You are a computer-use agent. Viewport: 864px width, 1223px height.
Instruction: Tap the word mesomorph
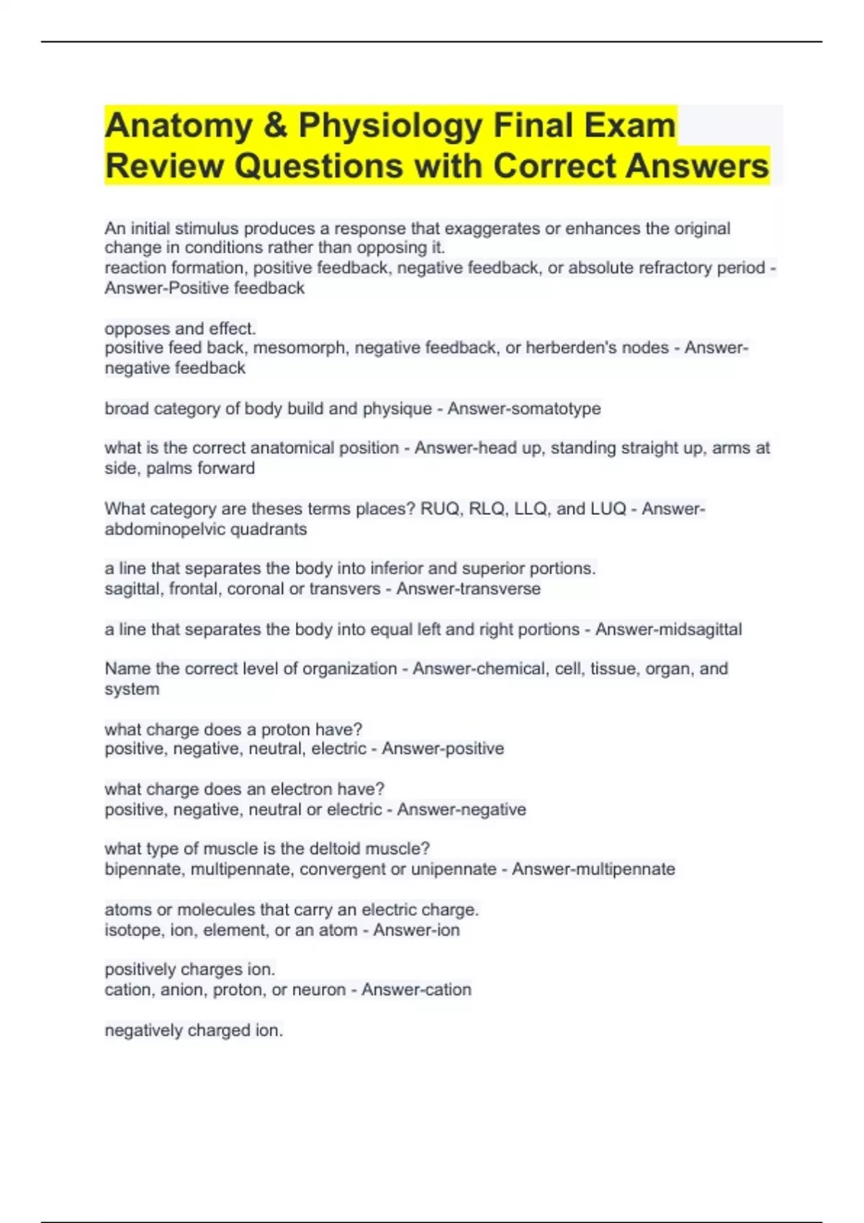pyautogui.click(x=299, y=348)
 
